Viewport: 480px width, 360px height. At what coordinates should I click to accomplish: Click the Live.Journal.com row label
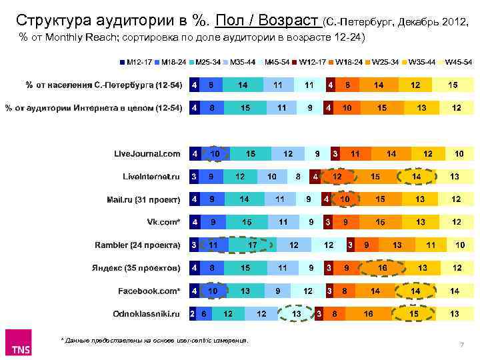pyautogui.click(x=147, y=153)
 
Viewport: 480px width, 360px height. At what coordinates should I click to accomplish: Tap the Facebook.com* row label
pyautogui.click(x=149, y=291)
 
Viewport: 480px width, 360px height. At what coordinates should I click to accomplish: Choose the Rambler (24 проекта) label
pyautogui.click(x=137, y=245)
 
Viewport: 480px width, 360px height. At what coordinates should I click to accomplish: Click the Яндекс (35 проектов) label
pyautogui.click(x=136, y=268)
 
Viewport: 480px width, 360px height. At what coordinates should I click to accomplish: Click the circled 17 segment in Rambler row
pyautogui.click(x=253, y=245)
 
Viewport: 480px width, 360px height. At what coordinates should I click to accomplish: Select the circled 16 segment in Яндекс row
pyautogui.click(x=383, y=268)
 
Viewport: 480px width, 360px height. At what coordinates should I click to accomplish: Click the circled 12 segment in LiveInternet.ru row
pyautogui.click(x=337, y=177)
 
